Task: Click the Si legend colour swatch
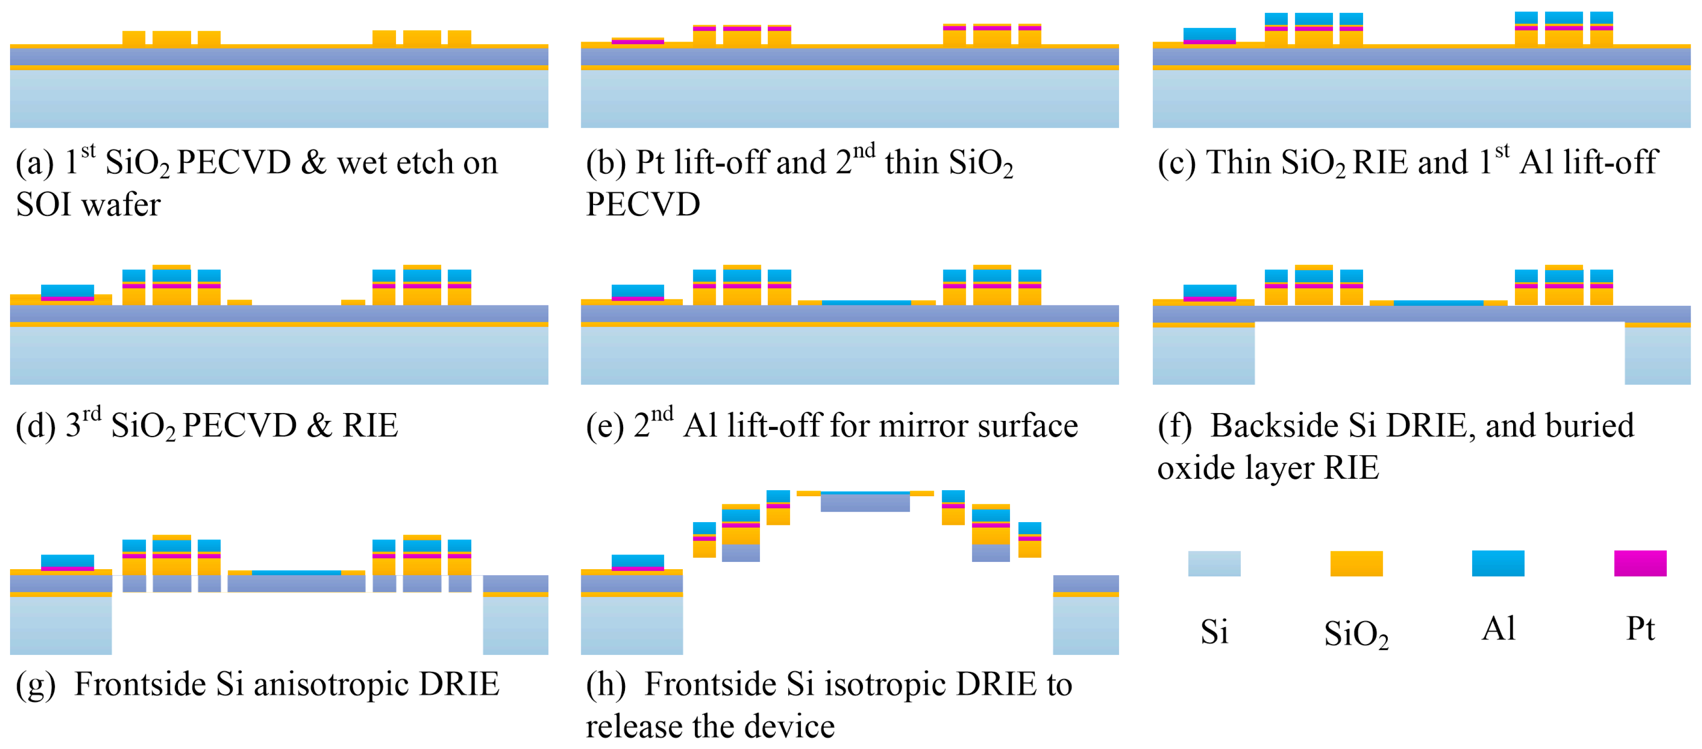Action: coord(1214,563)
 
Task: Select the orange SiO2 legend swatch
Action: coord(1356,563)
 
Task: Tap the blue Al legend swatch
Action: coord(1498,563)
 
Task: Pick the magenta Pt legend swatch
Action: coord(1640,563)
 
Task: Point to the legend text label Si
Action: coord(1214,632)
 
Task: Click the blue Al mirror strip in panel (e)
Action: coord(866,303)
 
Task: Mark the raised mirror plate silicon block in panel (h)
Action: coord(865,503)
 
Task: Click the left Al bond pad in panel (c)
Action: coord(1209,34)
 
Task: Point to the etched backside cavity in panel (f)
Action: coord(1439,354)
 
